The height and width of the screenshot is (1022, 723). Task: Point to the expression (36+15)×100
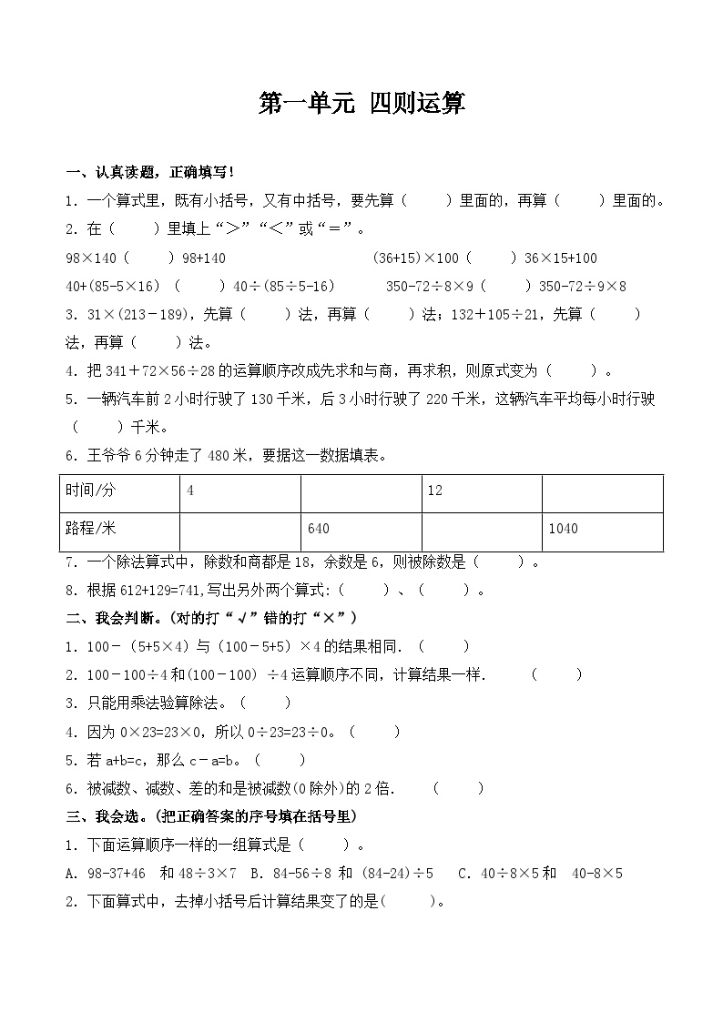(416, 258)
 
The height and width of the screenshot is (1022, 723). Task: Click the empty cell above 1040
(602, 492)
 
